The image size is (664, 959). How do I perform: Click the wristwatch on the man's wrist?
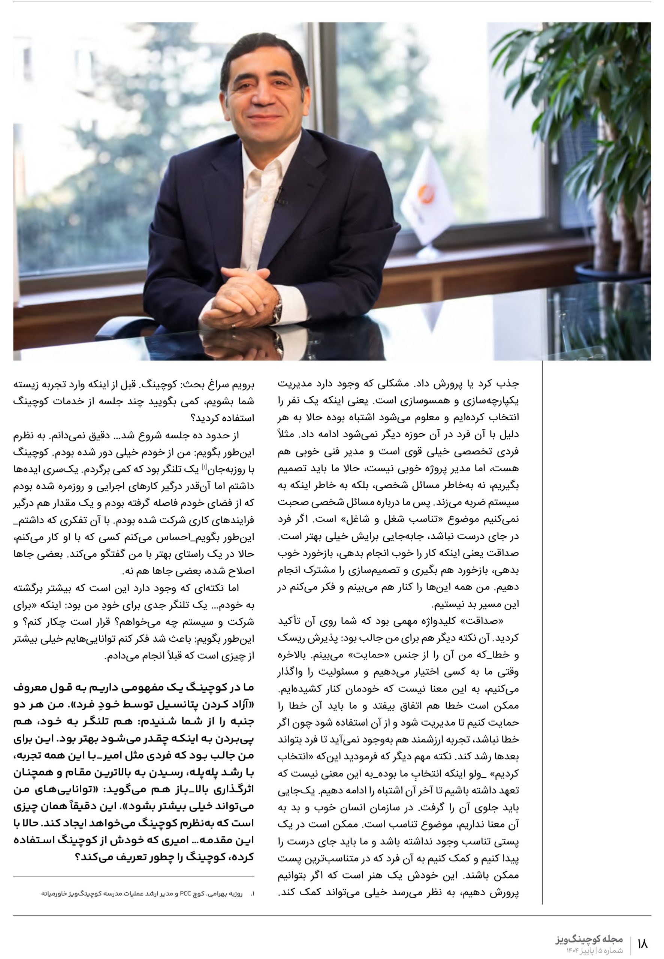coord(277,307)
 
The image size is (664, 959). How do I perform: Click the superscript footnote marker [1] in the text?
coord(204,467)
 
